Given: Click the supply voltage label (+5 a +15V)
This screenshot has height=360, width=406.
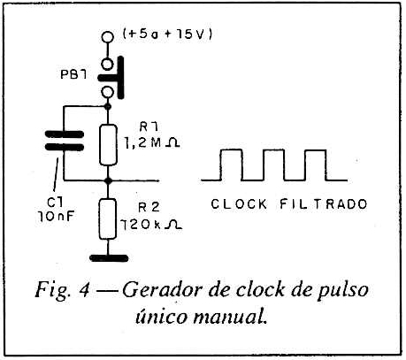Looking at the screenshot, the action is pos(167,34).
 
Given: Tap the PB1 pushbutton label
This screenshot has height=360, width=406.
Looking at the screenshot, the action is pos(73,74).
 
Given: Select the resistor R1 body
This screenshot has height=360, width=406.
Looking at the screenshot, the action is pos(108,145).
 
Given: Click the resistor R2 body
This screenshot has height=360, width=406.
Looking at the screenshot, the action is pos(107,218).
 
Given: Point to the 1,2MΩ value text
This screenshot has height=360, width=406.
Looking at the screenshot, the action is pos(150,143).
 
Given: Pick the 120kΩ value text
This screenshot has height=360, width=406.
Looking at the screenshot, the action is pos(151,225).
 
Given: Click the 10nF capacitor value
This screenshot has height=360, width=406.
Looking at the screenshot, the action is pos(56,217).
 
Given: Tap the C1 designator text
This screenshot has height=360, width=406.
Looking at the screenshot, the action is pos(55,203).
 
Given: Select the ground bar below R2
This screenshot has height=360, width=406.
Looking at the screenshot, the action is pos(109,258).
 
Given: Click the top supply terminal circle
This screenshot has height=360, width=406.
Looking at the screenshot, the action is pos(107,37).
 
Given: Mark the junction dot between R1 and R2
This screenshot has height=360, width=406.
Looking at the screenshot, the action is pos(108,180).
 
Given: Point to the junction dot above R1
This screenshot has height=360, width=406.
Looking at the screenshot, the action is pos(108,106).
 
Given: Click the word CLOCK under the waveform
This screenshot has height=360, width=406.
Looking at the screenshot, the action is pos(239,204).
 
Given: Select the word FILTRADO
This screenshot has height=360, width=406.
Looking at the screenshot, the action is pos(324,204).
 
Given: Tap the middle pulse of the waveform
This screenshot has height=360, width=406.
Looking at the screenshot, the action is pos(273,165).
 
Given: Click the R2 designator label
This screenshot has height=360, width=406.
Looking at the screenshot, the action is pos(149,207).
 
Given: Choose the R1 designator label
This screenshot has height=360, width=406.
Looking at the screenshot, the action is pos(149,126).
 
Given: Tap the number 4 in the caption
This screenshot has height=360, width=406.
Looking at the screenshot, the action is pos(84,290).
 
